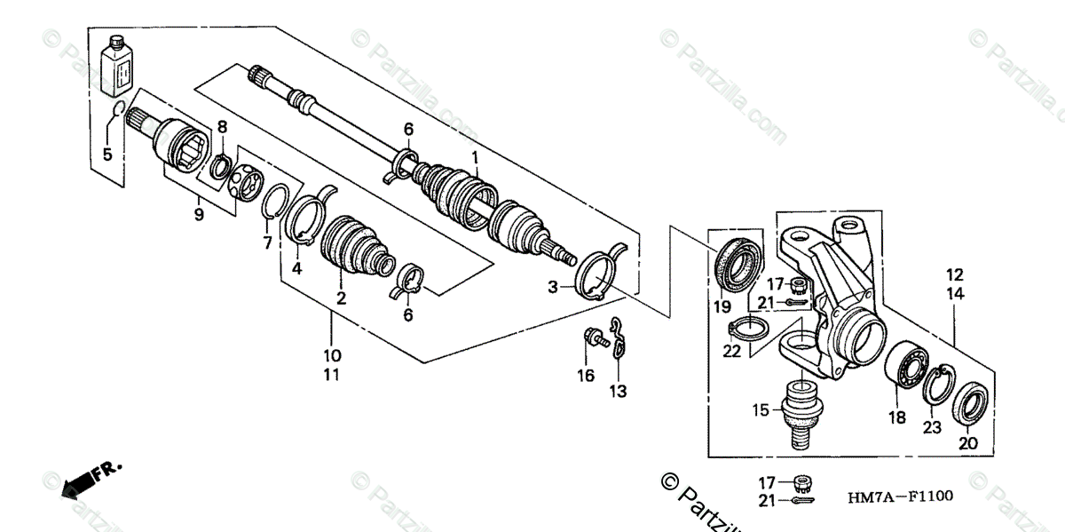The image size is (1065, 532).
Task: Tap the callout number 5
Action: tap(107, 155)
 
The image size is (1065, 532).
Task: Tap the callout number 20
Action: tap(967, 443)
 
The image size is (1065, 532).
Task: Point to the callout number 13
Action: tap(618, 391)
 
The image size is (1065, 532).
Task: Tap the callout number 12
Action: tap(954, 275)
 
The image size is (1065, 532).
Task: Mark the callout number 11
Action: tap(332, 375)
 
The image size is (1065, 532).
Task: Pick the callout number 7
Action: tap(267, 242)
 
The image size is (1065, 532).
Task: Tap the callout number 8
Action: tap(222, 127)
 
